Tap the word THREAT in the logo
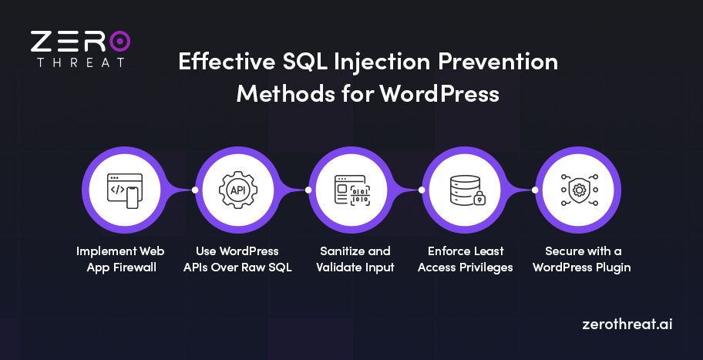pyautogui.click(x=81, y=62)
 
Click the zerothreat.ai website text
pyautogui.click(x=627, y=324)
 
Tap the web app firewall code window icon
pyautogui.click(x=125, y=189)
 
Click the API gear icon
pyautogui.click(x=237, y=189)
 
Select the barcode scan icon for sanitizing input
pyautogui.click(x=351, y=189)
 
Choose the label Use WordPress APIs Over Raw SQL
pyautogui.click(x=237, y=259)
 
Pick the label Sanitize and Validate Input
pyautogui.click(x=351, y=259)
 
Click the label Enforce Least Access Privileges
pyautogui.click(x=465, y=259)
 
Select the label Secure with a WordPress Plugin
pyautogui.click(x=578, y=259)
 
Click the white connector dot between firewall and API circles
pyautogui.click(x=195, y=190)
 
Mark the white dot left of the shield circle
pyautogui.click(x=535, y=190)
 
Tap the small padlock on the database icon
pyautogui.click(x=479, y=200)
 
